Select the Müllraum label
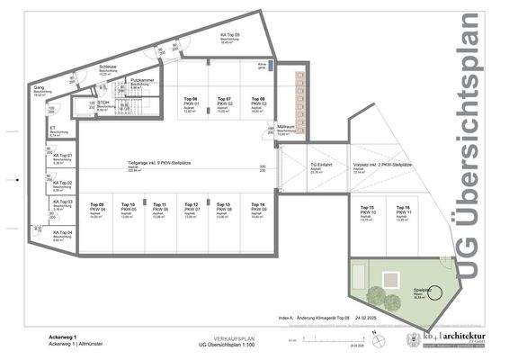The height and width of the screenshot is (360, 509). point(285,128)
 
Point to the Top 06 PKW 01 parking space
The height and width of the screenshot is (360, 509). point(191,103)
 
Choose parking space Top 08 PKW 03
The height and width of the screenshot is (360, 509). point(257,103)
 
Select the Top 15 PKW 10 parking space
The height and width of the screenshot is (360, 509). point(367,212)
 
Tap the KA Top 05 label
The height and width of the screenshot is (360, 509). point(230,37)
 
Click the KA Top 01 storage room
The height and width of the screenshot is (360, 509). point(62,158)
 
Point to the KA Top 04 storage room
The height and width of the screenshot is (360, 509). point(62,237)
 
